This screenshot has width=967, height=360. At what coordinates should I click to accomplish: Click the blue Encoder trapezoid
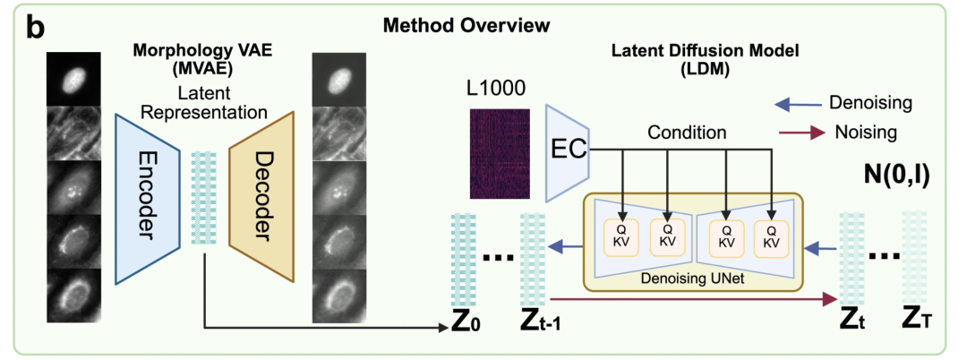[147, 199]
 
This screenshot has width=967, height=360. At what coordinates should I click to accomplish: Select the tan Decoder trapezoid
[261, 199]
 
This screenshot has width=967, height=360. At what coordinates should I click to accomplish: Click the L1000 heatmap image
[500, 153]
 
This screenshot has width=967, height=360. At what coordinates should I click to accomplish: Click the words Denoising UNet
[692, 278]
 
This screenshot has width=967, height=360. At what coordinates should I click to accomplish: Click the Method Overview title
[466, 25]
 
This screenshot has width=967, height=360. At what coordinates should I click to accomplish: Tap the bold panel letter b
[35, 28]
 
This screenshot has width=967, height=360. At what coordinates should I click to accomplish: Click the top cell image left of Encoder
[73, 79]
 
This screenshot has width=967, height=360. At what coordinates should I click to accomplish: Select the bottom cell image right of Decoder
[339, 296]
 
